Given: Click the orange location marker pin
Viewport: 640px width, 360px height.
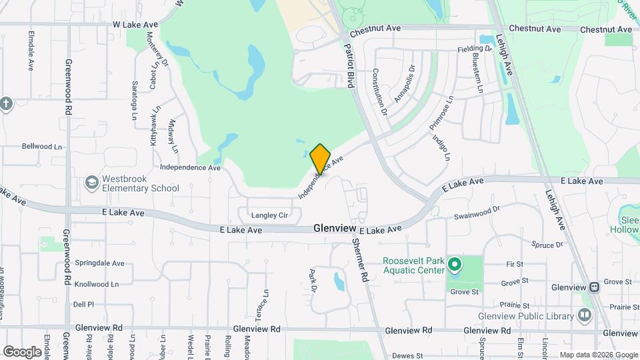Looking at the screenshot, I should tap(320, 158).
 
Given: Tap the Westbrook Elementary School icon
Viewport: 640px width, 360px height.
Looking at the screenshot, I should tap(91, 182).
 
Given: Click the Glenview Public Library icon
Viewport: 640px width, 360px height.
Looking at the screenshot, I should tap(585, 315).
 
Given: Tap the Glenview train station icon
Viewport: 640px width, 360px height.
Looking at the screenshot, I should tap(593, 287).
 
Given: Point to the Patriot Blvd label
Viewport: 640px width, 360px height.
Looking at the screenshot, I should tap(349, 67).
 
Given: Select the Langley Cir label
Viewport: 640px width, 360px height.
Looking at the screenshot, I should tap(269, 215).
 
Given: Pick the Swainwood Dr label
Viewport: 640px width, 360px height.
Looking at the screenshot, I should tap(477, 215).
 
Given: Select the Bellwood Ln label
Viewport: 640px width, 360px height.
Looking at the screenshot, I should tap(42, 146).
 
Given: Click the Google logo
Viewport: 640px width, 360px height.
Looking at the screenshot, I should tap(22, 351).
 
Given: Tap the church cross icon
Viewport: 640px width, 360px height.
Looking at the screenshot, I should tap(6, 104).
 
